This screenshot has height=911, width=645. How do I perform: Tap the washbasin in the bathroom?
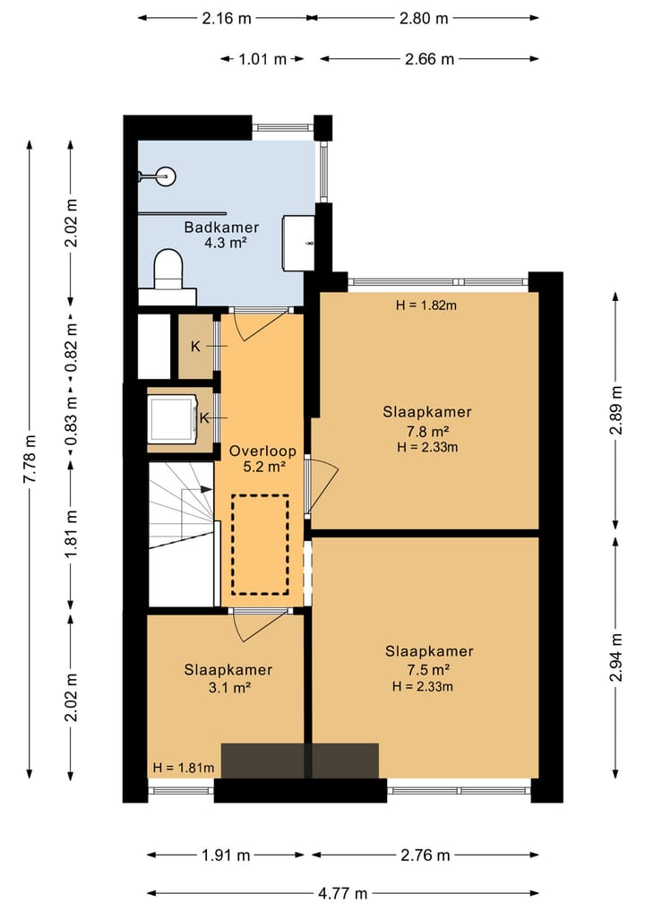click(298, 243)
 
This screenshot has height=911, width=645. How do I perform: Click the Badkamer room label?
click(220, 228)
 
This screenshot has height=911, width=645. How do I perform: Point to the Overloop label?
click(262, 451)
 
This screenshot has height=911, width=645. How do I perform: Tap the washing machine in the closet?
click(173, 419)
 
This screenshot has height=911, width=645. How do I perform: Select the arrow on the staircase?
click(205, 489)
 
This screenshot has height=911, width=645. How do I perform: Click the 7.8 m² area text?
click(427, 432)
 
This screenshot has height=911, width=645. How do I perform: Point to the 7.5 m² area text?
click(429, 670)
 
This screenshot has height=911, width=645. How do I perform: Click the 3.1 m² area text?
click(229, 689)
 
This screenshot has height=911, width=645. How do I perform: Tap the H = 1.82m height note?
click(426, 305)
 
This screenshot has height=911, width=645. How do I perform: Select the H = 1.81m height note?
click(183, 768)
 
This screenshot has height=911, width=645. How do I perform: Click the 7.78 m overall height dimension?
click(30, 459)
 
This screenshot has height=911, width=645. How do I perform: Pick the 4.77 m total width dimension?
click(343, 893)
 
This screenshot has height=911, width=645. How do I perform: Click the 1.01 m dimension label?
click(262, 59)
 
